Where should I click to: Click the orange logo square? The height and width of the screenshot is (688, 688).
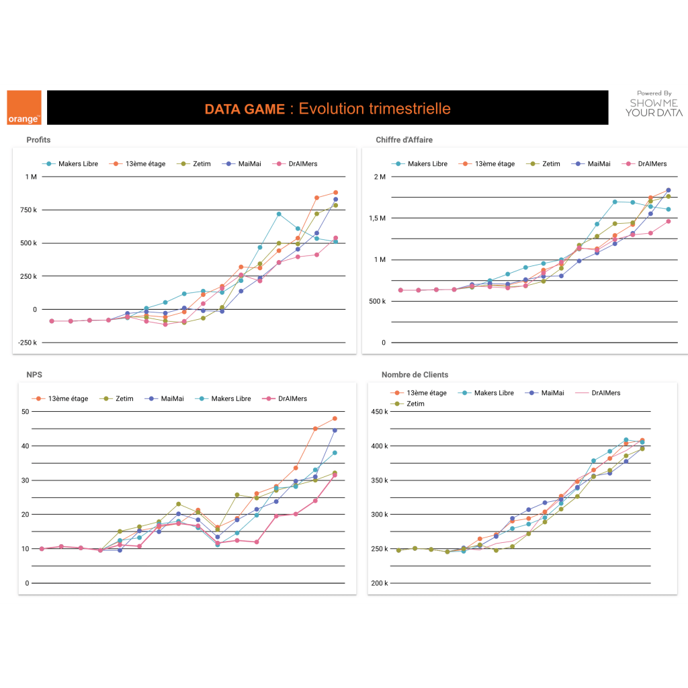(24, 107)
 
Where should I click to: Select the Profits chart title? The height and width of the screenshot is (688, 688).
(38, 140)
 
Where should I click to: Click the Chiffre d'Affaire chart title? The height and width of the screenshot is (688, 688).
(404, 140)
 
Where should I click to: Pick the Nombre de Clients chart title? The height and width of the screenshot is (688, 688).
(415, 374)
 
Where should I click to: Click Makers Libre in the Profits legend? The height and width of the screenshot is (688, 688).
(78, 163)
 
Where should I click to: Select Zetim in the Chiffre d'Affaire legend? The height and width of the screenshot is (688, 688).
(551, 163)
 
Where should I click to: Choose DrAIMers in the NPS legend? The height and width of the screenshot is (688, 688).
(292, 398)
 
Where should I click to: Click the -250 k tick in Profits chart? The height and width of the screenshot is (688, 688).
(28, 343)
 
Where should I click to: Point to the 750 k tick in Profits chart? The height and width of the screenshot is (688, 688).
(28, 210)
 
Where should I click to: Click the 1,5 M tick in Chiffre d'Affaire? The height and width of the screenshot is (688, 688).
(376, 218)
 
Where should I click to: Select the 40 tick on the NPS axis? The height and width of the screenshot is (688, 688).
(26, 446)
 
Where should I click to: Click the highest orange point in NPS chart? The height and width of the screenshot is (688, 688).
(335, 419)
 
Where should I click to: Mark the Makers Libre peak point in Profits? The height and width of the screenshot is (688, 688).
(279, 214)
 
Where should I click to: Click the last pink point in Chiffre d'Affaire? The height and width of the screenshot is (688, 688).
(668, 221)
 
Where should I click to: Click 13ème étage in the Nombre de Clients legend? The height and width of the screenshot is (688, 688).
(427, 392)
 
